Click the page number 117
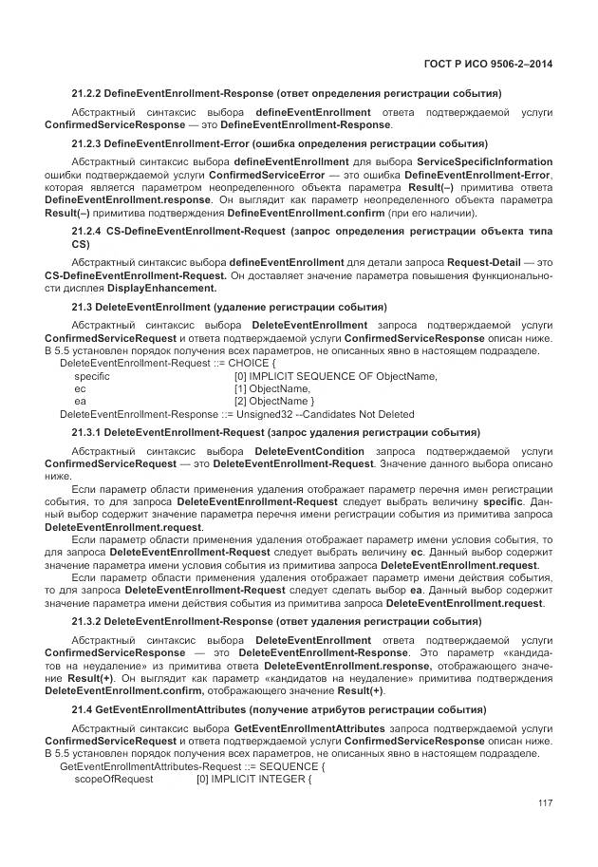(544, 803)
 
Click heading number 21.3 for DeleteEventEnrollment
(83, 308)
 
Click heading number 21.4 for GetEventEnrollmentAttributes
(83, 710)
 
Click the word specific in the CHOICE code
(92, 376)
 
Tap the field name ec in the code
(80, 388)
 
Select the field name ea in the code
(80, 401)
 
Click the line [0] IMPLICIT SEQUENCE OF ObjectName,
(335, 376)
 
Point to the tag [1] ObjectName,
(271, 388)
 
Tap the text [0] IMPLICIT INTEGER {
(253, 779)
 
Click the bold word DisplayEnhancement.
(161, 287)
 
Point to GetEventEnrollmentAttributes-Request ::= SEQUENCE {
(192, 765)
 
